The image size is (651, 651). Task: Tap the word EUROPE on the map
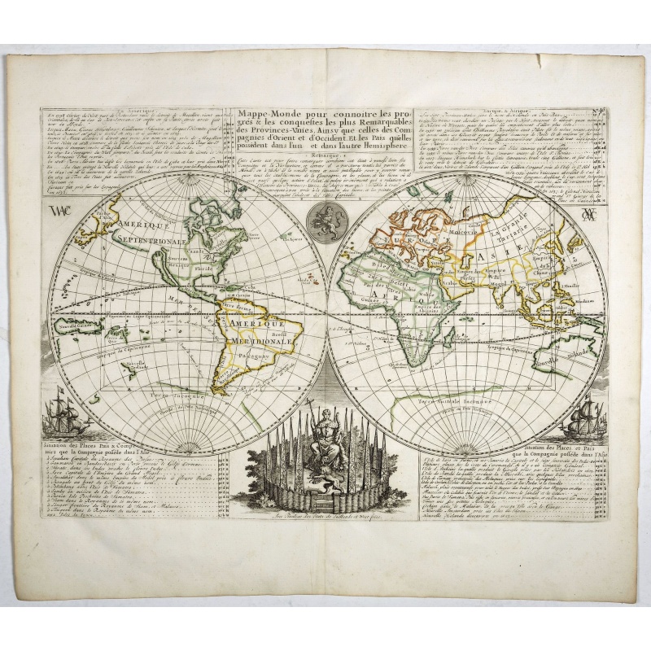[x=422, y=242]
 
